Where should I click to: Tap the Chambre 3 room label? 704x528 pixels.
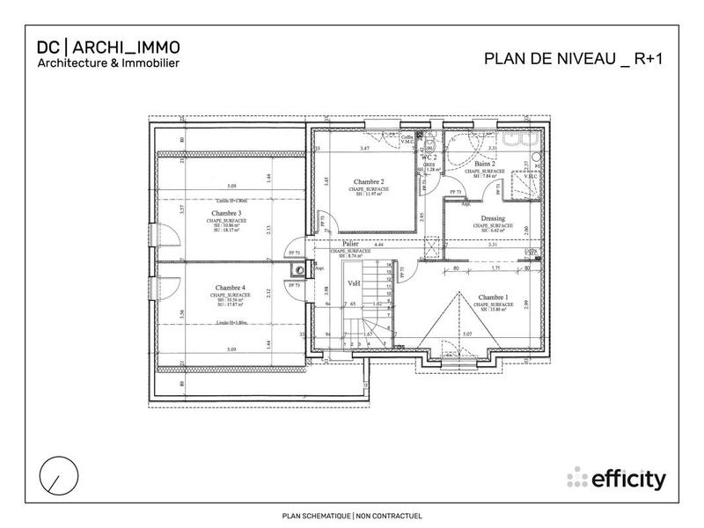point(225,213)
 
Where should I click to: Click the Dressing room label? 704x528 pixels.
point(492,218)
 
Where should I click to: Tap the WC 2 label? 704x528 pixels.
point(429,157)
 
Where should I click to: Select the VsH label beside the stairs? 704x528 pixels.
point(354,283)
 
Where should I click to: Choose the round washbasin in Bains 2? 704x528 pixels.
point(536,155)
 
